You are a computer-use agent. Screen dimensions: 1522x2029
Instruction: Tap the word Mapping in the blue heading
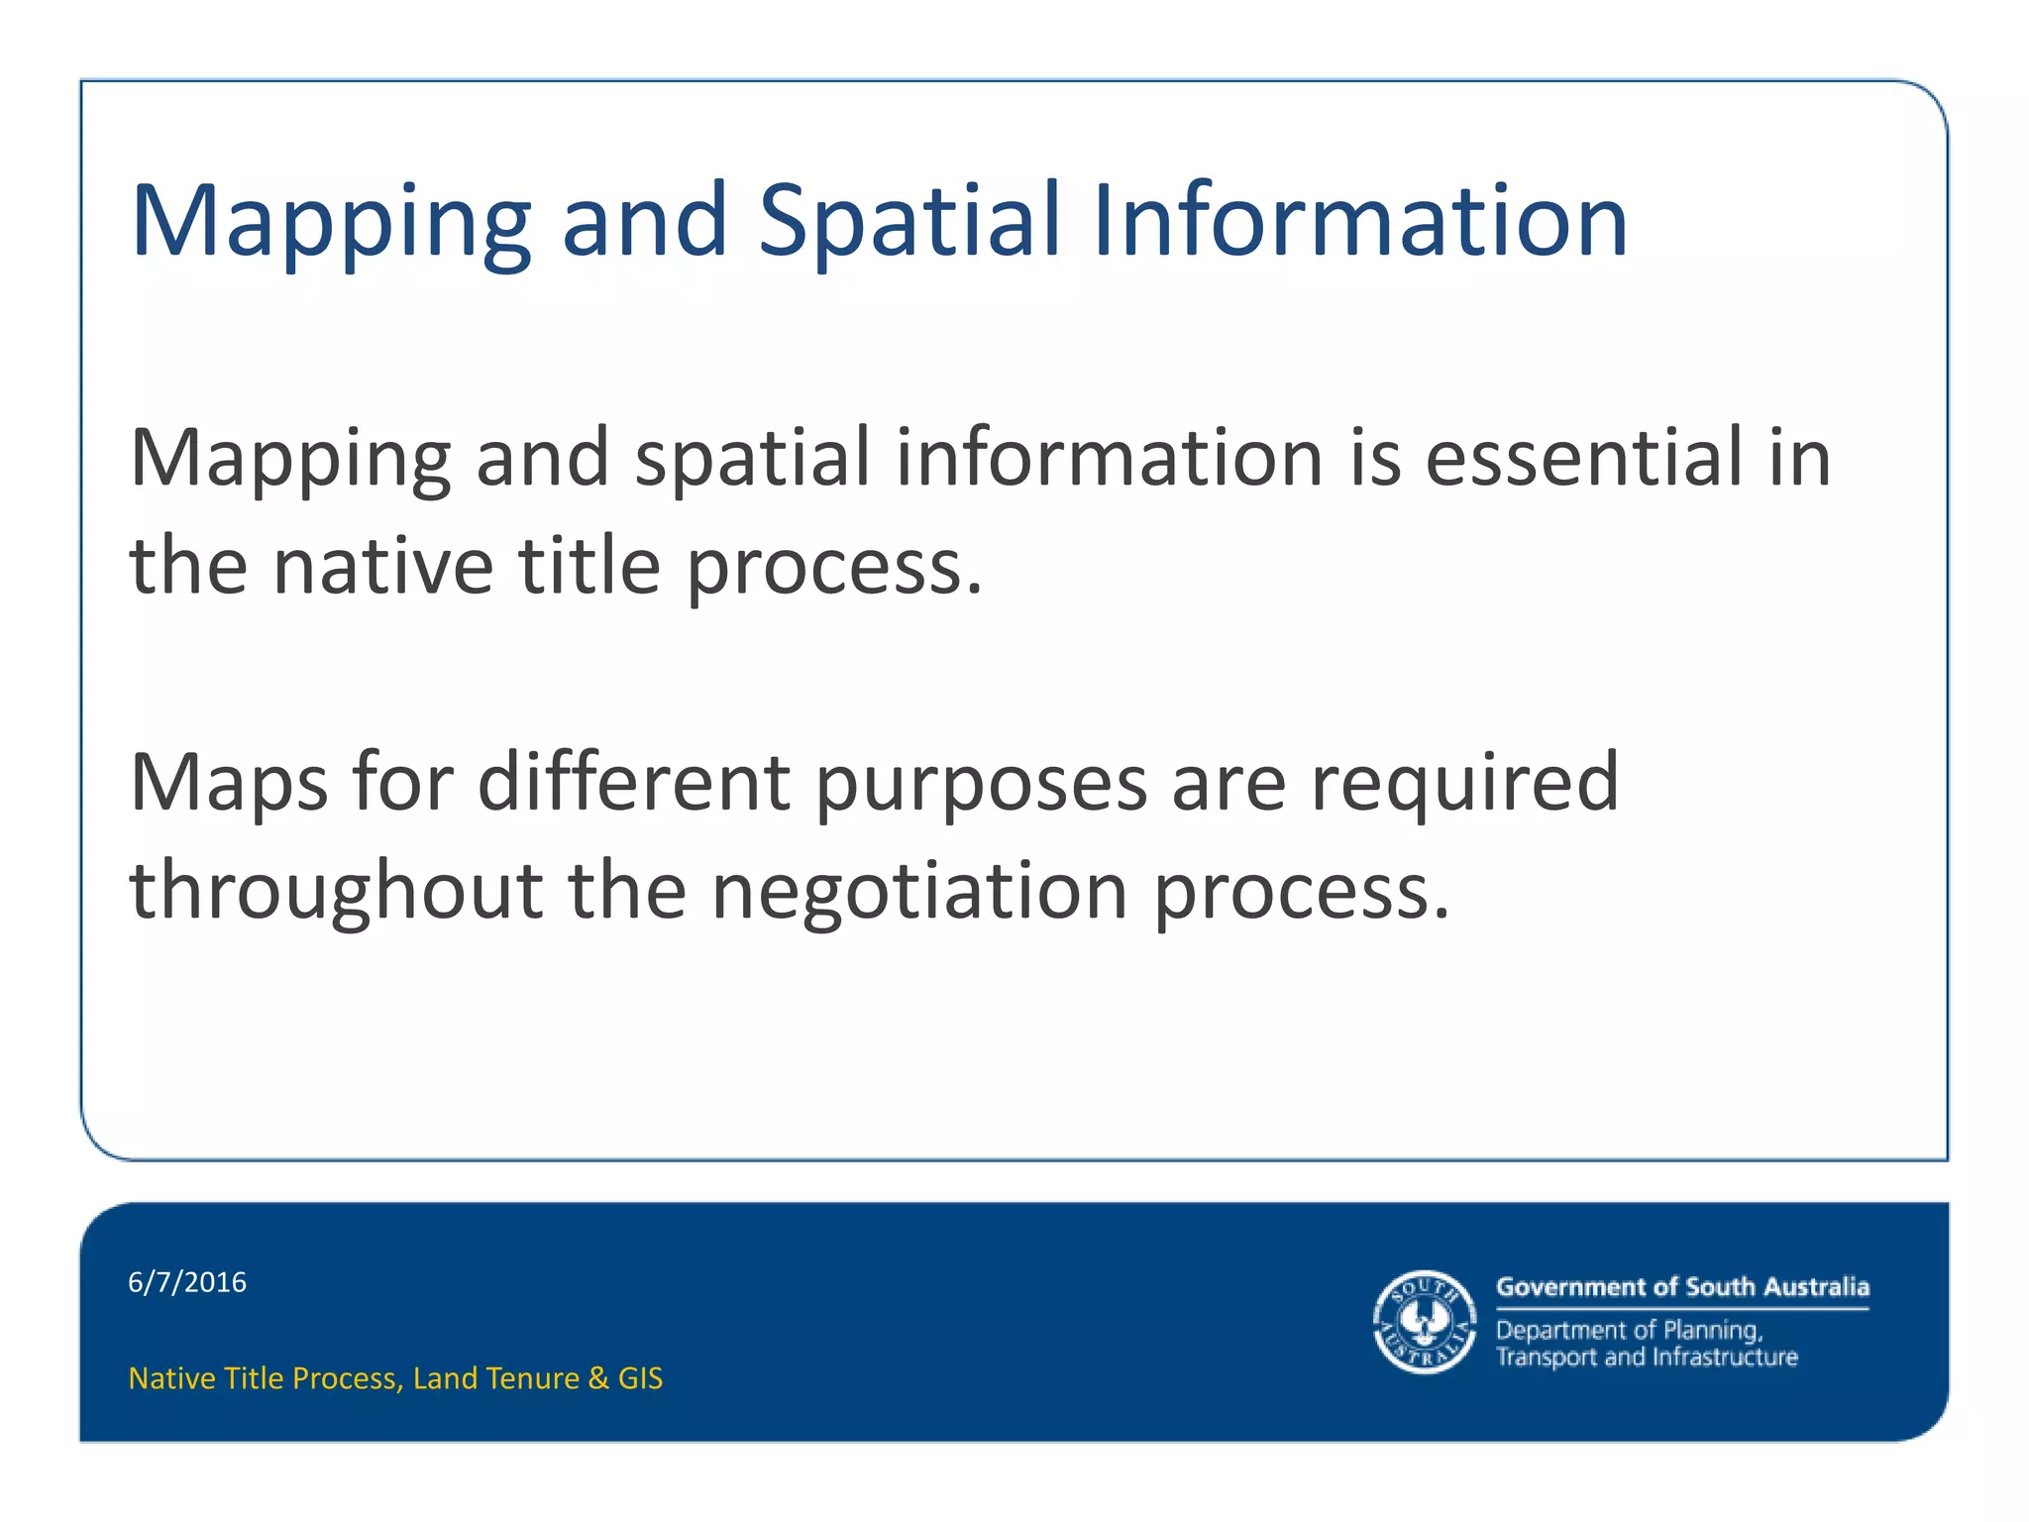tap(331, 223)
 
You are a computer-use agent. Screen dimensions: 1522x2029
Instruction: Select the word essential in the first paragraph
tap(1583, 458)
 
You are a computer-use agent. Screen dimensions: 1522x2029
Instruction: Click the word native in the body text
tap(382, 566)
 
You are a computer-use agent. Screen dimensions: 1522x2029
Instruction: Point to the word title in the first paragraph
tap(588, 566)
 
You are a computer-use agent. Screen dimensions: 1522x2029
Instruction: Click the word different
tap(634, 783)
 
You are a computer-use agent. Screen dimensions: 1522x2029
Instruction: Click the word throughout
tap(336, 892)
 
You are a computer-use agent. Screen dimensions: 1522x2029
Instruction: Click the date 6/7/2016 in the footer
tap(187, 1282)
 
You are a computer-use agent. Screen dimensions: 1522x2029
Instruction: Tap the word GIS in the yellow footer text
tap(640, 1378)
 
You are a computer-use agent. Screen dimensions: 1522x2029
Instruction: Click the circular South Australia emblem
tap(1425, 1322)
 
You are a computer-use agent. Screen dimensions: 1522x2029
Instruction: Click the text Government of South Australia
tap(1681, 1287)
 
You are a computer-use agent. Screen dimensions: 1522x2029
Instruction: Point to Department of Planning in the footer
tap(1629, 1330)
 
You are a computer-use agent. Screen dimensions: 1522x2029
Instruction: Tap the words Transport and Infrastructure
tap(1646, 1358)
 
